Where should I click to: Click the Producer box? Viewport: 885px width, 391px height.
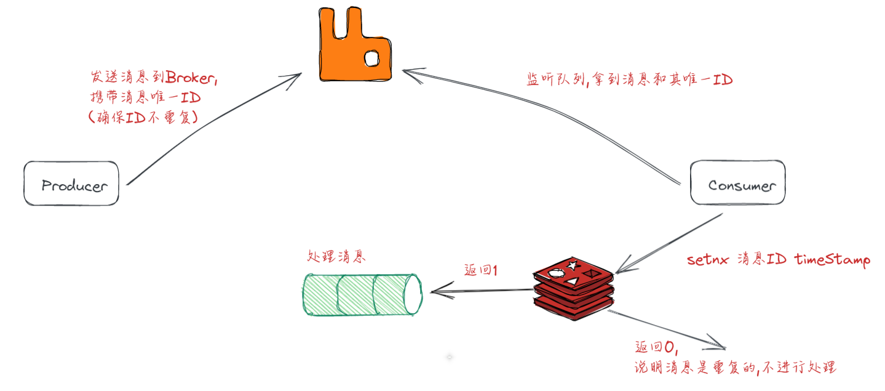[71, 183]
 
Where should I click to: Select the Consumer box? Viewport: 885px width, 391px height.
[737, 183]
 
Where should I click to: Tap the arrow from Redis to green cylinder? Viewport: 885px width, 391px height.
[480, 290]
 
